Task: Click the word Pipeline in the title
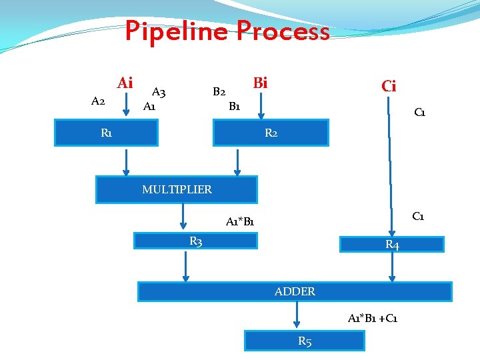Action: click(177, 31)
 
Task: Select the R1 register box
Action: click(106, 133)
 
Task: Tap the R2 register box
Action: click(271, 133)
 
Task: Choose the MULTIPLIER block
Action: click(177, 189)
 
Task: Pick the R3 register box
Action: click(196, 241)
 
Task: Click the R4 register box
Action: click(392, 245)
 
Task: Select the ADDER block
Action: click(295, 291)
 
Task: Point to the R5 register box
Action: click(305, 341)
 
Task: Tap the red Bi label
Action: click(261, 83)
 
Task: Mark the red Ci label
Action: click(389, 86)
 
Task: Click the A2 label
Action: click(97, 101)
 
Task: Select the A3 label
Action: click(159, 92)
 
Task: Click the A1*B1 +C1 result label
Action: click(373, 319)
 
